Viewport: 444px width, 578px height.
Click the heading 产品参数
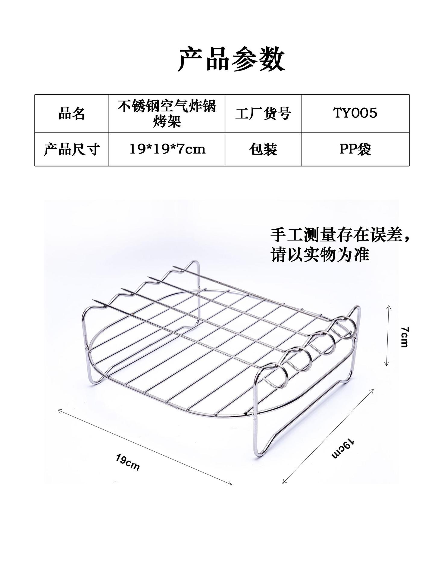click(x=231, y=59)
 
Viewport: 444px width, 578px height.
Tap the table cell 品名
click(x=72, y=114)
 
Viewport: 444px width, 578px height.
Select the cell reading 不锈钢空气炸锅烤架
click(x=167, y=114)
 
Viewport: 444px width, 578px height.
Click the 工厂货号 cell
click(x=263, y=114)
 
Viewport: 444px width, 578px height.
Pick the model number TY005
click(x=355, y=113)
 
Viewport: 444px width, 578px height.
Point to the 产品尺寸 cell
click(x=72, y=149)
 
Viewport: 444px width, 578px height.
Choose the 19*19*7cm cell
click(x=167, y=149)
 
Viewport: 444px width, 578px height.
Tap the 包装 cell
click(x=263, y=149)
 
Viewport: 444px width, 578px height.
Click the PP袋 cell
click(x=355, y=149)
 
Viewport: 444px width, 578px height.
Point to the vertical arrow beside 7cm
click(x=388, y=336)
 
